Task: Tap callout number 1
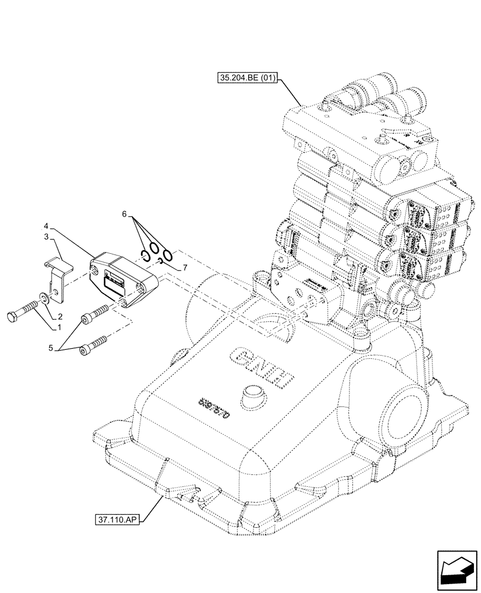(59, 326)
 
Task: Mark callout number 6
(124, 213)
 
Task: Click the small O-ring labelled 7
(161, 262)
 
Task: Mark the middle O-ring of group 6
(154, 248)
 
